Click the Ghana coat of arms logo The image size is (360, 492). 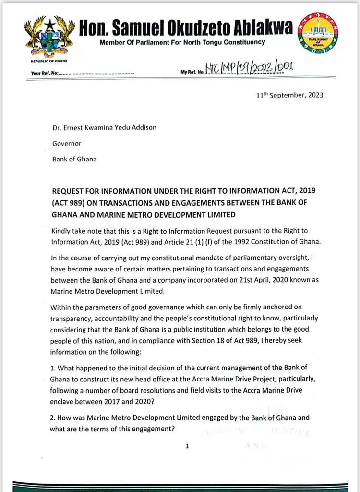[50, 37]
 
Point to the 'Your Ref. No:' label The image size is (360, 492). [45, 74]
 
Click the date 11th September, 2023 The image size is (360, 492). [291, 95]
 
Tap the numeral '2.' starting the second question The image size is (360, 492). [52, 418]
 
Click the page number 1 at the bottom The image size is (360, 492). [187, 446]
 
